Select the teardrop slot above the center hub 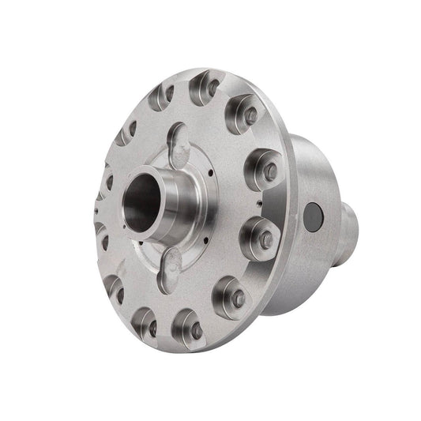(x=179, y=139)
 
